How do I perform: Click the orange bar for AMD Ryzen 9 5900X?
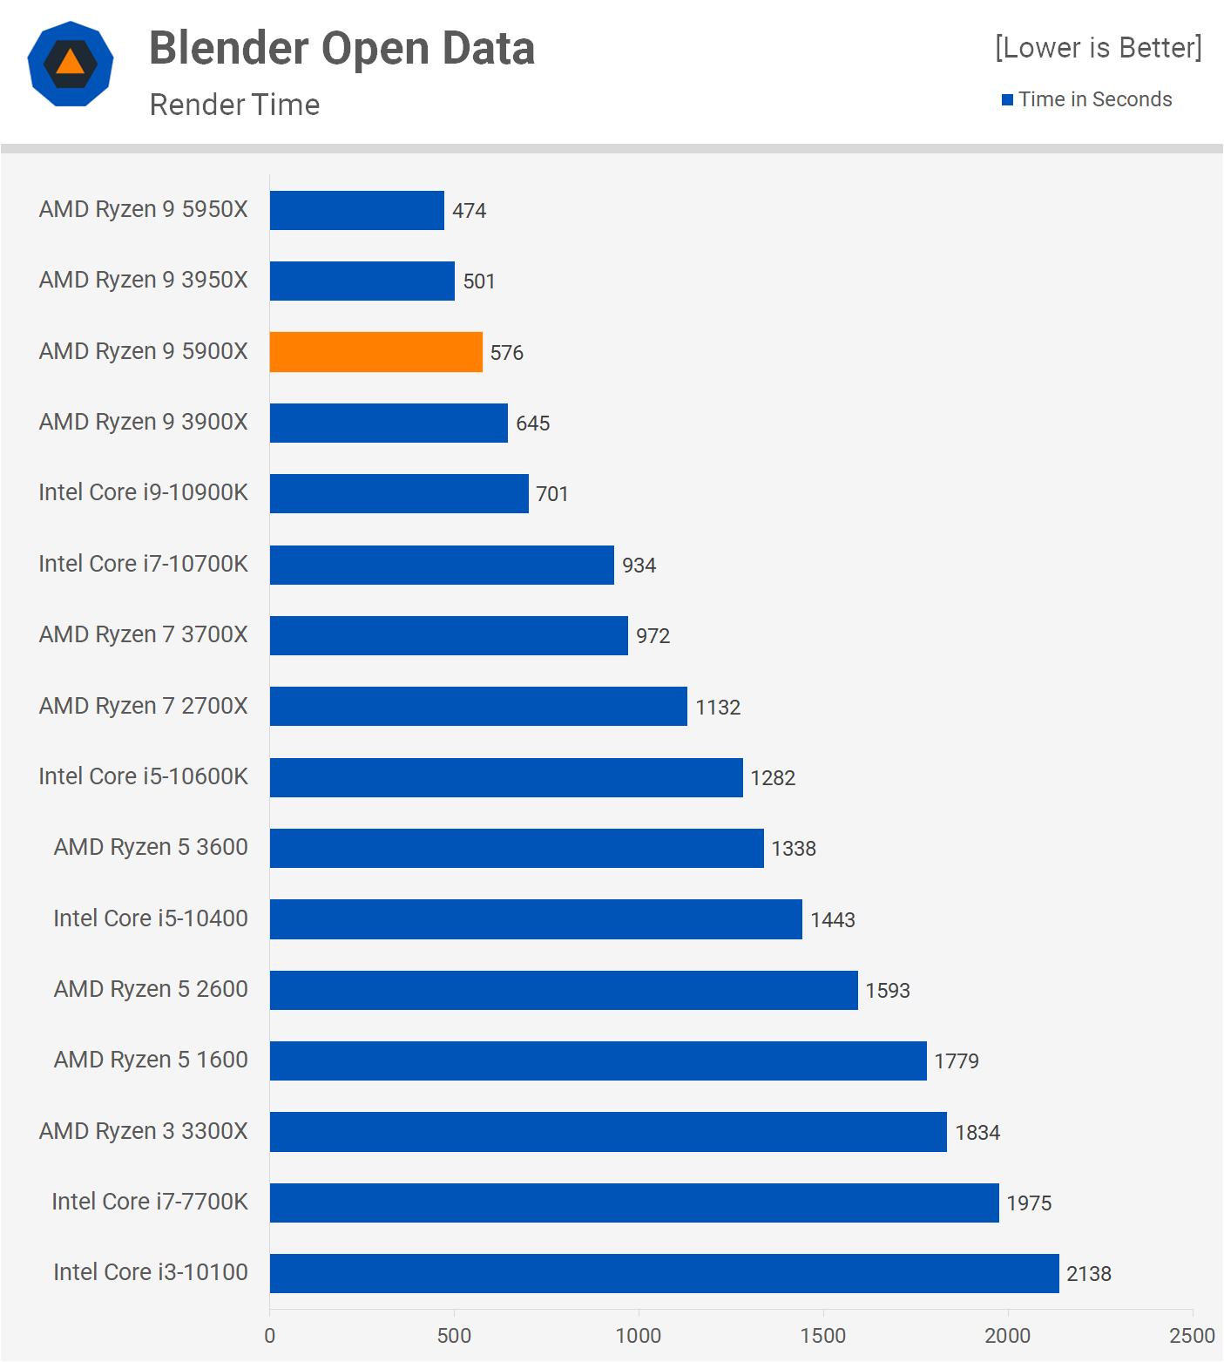coord(375,352)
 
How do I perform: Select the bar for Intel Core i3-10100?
coord(664,1273)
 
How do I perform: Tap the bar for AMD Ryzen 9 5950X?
coord(356,210)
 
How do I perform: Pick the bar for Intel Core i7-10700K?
coord(442,565)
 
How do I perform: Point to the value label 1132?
coord(718,708)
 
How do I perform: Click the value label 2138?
coord(1089,1274)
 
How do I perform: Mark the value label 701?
coord(552,494)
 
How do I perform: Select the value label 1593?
coord(888,991)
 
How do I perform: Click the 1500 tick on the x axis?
coord(823,1336)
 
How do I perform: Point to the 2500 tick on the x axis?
coord(1192,1336)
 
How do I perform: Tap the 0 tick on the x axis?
coord(270,1336)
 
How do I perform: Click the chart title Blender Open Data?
coord(342,48)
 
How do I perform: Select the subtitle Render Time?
coord(234,105)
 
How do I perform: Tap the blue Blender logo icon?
coord(71,64)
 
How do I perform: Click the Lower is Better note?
coord(1098,47)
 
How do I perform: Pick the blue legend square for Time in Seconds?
coord(1007,99)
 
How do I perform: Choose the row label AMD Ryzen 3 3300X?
coord(144,1131)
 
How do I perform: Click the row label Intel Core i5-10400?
coord(151,918)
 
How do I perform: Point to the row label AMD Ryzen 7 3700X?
coord(144,634)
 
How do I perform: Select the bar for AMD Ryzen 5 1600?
coord(598,1060)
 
